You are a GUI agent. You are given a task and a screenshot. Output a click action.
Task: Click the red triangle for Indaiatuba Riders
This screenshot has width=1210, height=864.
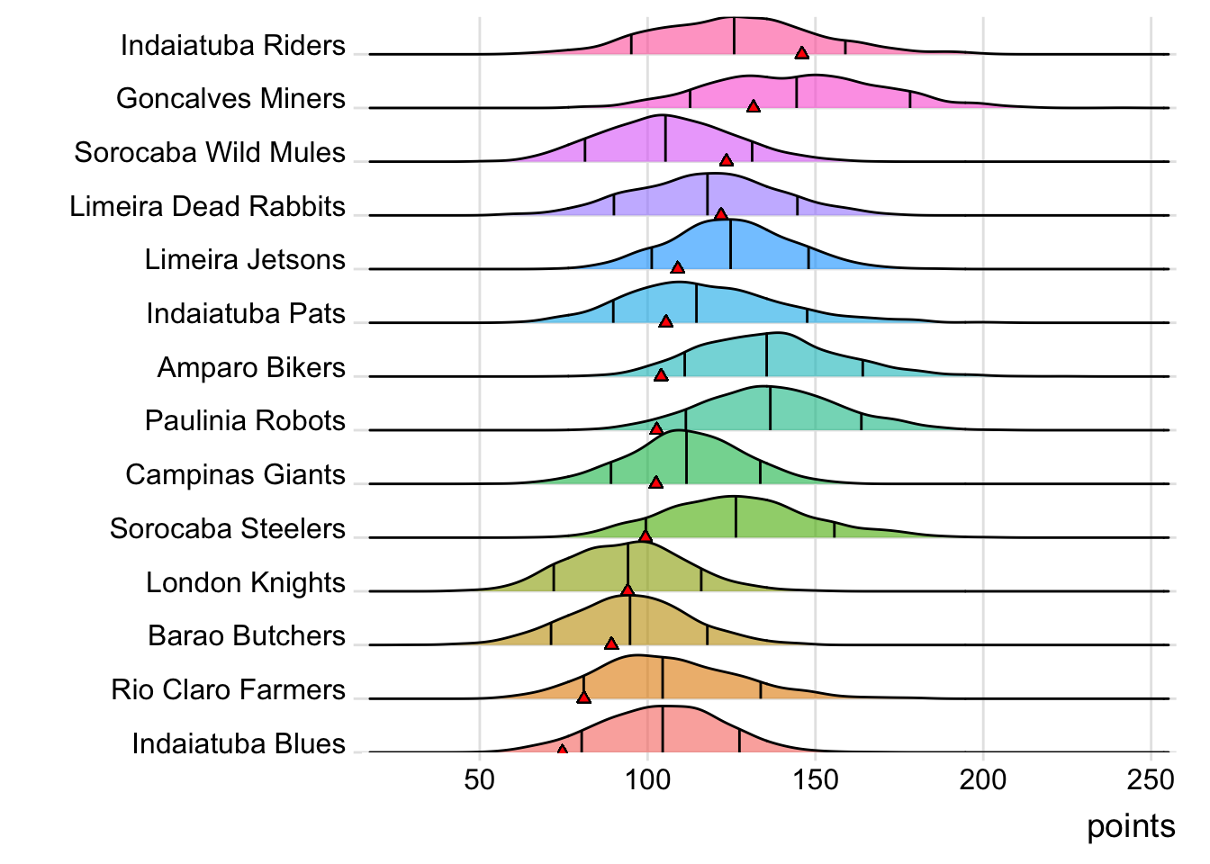pyautogui.click(x=801, y=53)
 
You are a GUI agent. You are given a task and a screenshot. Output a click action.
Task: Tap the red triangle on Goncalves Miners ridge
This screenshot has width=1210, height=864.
pyautogui.click(x=754, y=106)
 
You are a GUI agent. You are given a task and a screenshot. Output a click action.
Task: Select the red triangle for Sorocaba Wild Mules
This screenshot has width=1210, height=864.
pyautogui.click(x=727, y=160)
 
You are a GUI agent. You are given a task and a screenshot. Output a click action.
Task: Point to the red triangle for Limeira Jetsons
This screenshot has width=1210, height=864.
pyautogui.click(x=678, y=267)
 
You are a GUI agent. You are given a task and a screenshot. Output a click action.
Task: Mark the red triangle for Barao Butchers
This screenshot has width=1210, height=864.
pyautogui.click(x=611, y=643)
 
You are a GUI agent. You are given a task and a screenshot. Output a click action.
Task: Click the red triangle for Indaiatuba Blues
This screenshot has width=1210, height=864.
pyautogui.click(x=563, y=749)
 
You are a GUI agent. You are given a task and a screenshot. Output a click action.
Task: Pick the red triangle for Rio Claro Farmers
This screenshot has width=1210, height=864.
pyautogui.click(x=583, y=697)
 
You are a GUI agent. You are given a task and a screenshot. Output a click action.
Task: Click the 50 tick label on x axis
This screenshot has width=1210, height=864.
pyautogui.click(x=480, y=779)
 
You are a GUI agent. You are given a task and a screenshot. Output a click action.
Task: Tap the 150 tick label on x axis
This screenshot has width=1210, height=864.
pyautogui.click(x=816, y=779)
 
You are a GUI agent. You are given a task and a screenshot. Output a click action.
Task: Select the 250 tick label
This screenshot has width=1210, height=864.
pyautogui.click(x=1151, y=779)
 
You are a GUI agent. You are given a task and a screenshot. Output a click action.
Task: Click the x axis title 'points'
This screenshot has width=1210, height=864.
pyautogui.click(x=1131, y=826)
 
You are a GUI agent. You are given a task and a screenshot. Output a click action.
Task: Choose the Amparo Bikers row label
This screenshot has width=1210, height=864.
pyautogui.click(x=251, y=367)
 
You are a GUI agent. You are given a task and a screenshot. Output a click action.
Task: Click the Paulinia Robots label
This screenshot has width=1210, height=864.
pyautogui.click(x=245, y=420)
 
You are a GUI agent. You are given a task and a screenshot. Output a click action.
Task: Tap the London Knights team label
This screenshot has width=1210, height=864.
pyautogui.click(x=246, y=582)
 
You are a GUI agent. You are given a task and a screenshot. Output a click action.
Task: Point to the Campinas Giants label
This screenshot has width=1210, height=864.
pyautogui.click(x=235, y=474)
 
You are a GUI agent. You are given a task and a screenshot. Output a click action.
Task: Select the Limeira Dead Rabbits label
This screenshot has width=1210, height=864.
pyautogui.click(x=208, y=206)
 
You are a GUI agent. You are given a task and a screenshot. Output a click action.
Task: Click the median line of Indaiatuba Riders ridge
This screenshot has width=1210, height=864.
pyautogui.click(x=734, y=36)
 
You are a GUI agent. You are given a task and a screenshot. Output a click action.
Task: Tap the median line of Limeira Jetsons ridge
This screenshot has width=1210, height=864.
pyautogui.click(x=730, y=245)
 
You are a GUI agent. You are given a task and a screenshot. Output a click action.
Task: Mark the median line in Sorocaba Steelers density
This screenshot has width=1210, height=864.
pyautogui.click(x=736, y=517)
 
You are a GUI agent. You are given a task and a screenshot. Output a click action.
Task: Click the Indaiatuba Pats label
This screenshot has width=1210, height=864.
pyautogui.click(x=246, y=313)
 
